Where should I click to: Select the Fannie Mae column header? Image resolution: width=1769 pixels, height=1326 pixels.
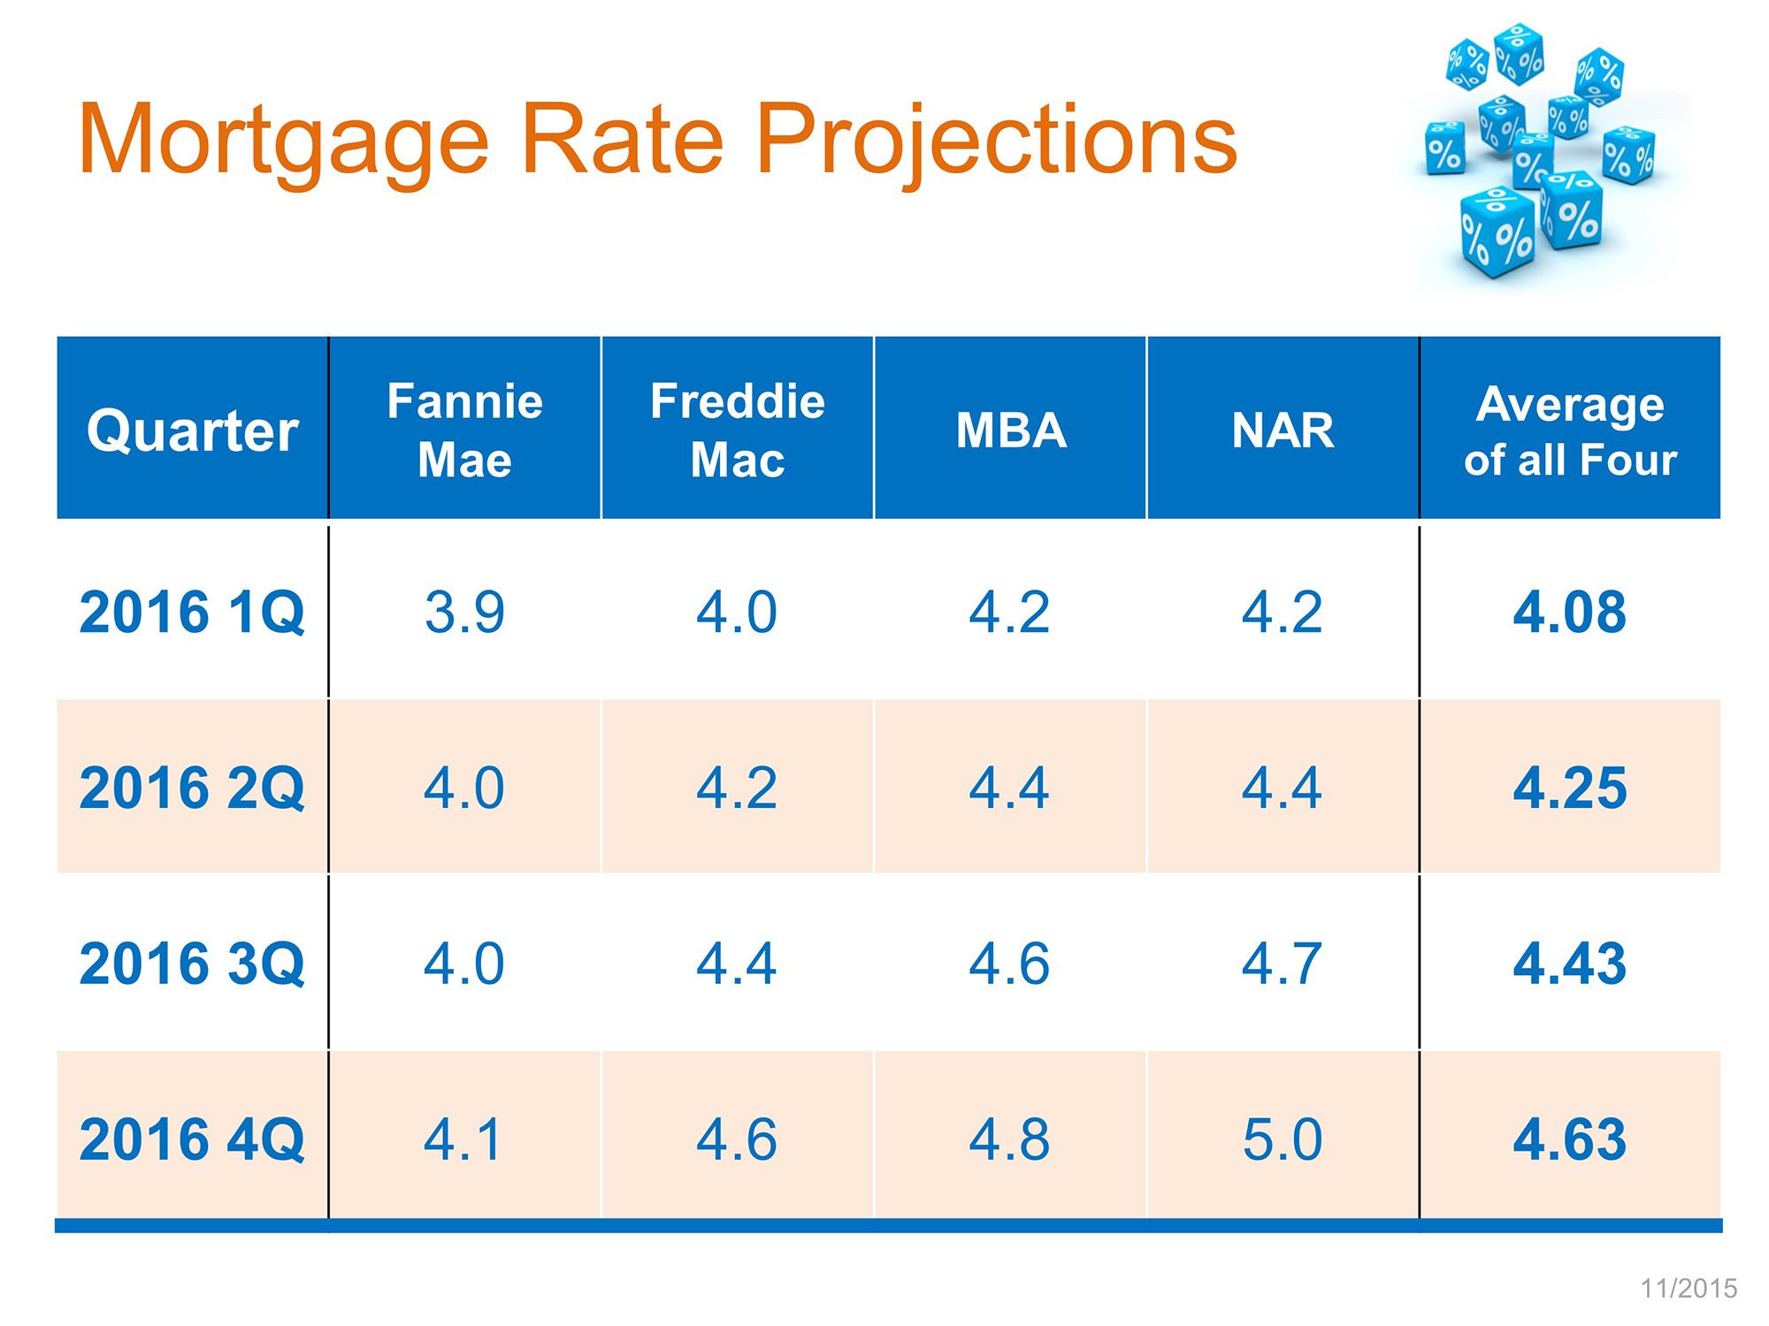(464, 431)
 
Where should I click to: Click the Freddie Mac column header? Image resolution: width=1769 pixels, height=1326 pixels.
(737, 431)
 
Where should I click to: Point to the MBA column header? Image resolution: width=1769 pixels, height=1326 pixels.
(1011, 431)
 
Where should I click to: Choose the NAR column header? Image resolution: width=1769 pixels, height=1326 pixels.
(1283, 431)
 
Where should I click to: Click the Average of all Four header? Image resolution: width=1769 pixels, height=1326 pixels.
(1570, 431)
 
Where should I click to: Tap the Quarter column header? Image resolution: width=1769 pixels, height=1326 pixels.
(193, 431)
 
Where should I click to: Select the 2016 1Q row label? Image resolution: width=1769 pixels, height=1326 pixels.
(192, 612)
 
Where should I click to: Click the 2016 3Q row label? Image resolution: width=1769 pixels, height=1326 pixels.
(192, 964)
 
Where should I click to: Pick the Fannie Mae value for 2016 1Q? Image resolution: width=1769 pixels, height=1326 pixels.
(464, 612)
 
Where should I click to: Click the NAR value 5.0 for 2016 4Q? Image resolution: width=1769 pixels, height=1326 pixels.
(1283, 1139)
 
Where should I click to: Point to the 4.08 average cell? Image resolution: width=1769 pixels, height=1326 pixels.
(1570, 612)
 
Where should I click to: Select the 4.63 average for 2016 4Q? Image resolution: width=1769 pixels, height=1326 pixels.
(1570, 1139)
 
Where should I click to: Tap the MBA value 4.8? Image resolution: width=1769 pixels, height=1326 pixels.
(1009, 1139)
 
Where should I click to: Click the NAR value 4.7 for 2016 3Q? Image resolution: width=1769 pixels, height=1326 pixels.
(1283, 964)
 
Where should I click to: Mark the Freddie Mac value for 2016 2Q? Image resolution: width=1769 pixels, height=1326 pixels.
(737, 788)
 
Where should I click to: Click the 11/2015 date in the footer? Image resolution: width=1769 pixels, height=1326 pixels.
(1689, 1288)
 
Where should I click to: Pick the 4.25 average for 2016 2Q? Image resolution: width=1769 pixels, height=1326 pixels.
(1570, 788)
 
